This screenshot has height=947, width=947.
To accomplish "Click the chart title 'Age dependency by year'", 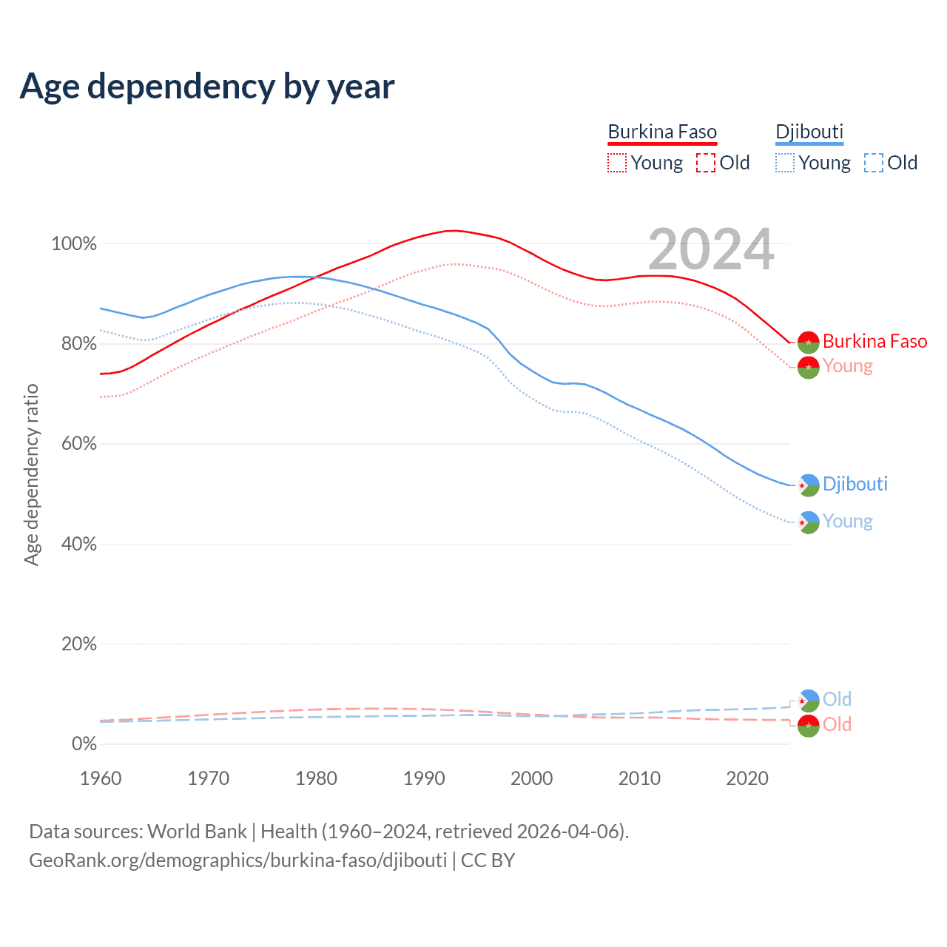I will (207, 87).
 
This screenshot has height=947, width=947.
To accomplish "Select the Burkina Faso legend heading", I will (662, 132).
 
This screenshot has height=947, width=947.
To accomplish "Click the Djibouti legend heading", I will (809, 132).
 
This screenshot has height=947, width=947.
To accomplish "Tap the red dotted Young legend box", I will (616, 163).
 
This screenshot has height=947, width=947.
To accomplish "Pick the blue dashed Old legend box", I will (874, 163).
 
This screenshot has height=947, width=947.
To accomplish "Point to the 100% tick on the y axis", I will (74, 244).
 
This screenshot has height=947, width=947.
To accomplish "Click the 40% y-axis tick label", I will (79, 545).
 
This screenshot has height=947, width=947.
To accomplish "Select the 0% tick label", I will (84, 744).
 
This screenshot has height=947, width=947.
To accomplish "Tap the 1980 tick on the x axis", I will (316, 778).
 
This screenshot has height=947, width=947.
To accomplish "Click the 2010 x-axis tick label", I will (639, 778).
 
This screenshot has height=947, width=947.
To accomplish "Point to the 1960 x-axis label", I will (101, 778).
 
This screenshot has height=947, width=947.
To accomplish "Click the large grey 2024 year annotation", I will (711, 249).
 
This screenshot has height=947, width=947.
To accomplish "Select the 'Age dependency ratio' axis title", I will (31, 474).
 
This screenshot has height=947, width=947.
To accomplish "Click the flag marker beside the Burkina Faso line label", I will (808, 342).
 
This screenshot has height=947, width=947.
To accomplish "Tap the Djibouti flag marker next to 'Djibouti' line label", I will (809, 485).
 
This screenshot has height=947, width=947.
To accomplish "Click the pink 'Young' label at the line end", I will (848, 366).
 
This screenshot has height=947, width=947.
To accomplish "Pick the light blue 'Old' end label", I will (837, 699).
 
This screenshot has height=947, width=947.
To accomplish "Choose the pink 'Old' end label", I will (837, 724).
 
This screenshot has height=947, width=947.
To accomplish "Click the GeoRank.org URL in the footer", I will (237, 860).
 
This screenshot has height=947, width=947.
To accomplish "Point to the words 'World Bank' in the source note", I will (197, 832).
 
